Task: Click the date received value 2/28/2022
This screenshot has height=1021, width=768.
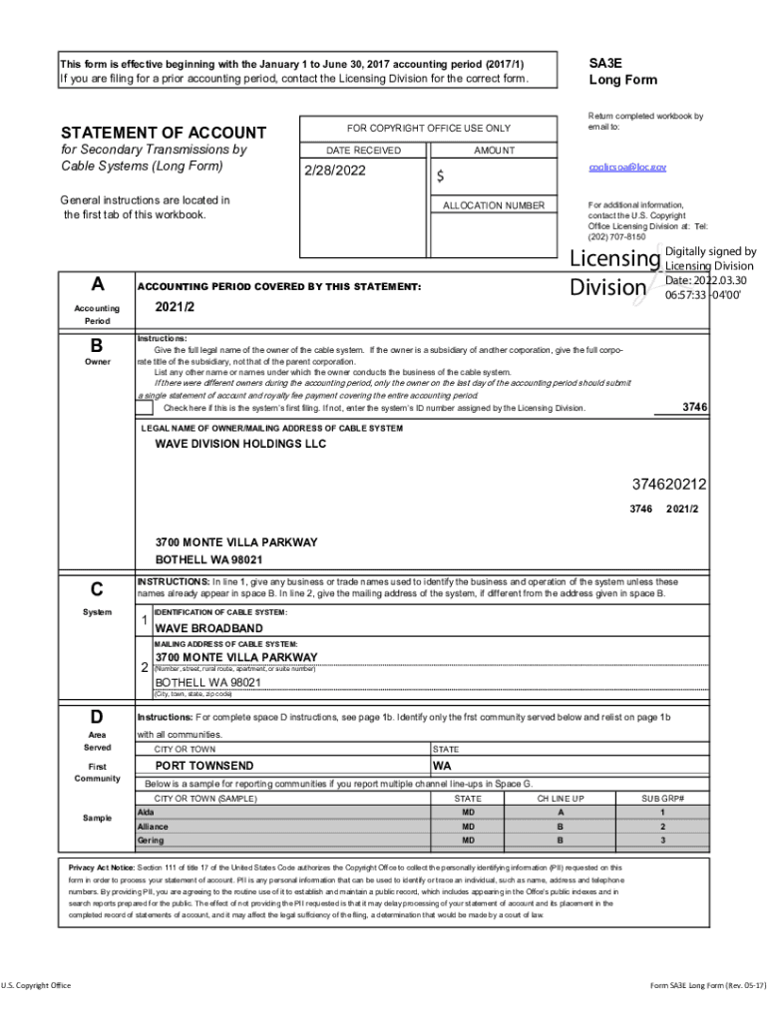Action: (x=335, y=170)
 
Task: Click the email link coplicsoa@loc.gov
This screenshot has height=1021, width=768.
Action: (x=626, y=168)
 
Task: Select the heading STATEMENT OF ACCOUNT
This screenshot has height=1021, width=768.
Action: (x=164, y=133)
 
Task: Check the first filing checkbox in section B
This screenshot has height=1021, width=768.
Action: (x=145, y=408)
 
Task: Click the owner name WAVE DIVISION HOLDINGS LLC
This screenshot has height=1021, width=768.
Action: (x=240, y=444)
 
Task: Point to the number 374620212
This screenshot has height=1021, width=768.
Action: (x=669, y=485)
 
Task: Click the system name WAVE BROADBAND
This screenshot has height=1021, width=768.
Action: (x=208, y=629)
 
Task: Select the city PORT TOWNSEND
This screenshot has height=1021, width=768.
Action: (x=203, y=766)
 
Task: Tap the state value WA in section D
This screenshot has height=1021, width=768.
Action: (x=443, y=766)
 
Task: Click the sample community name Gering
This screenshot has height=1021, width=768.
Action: (x=151, y=841)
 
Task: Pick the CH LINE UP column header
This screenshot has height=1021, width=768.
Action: (x=560, y=799)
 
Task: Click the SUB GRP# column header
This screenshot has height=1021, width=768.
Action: (x=662, y=799)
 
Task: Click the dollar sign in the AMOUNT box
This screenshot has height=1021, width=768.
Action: (x=440, y=177)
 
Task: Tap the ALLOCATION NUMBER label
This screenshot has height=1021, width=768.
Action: (x=494, y=205)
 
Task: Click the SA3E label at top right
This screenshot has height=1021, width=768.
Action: (x=605, y=62)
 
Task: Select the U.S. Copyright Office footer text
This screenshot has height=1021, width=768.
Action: (x=36, y=986)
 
